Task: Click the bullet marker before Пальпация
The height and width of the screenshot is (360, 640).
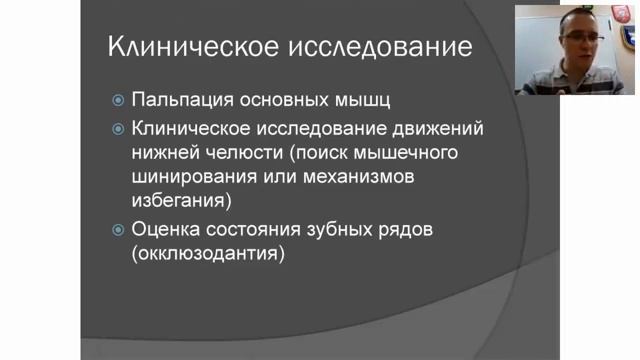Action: tap(118, 101)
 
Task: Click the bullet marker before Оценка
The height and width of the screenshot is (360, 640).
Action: tap(118, 230)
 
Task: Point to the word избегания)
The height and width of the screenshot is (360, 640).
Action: tap(180, 201)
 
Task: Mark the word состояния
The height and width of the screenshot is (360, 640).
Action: tap(259, 229)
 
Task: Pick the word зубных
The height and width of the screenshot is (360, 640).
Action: tap(343, 229)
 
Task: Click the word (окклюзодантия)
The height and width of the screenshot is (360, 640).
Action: tap(207, 254)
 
